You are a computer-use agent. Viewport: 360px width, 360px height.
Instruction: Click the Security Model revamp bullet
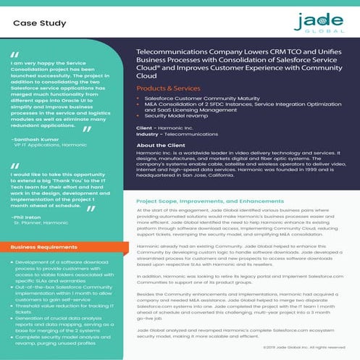178,115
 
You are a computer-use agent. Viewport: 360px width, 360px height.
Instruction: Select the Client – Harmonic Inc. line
162,127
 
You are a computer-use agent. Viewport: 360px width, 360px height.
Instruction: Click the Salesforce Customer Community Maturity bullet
206,97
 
